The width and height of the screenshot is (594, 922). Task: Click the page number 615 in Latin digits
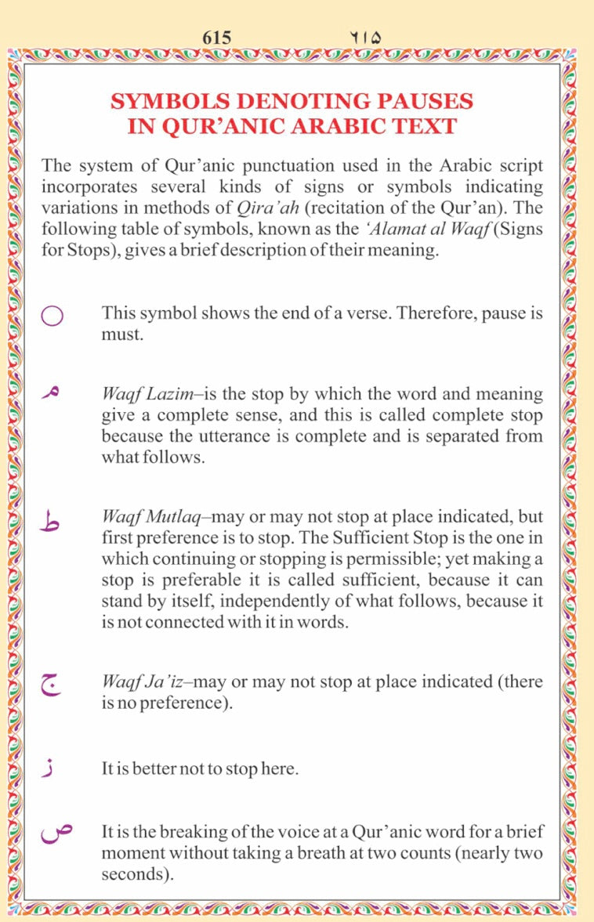[216, 37]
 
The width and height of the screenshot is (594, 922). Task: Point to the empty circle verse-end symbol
[52, 316]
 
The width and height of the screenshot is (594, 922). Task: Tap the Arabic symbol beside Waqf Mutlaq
[51, 521]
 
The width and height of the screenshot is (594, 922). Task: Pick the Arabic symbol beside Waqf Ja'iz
[51, 686]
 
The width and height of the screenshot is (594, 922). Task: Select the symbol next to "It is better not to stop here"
[50, 768]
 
